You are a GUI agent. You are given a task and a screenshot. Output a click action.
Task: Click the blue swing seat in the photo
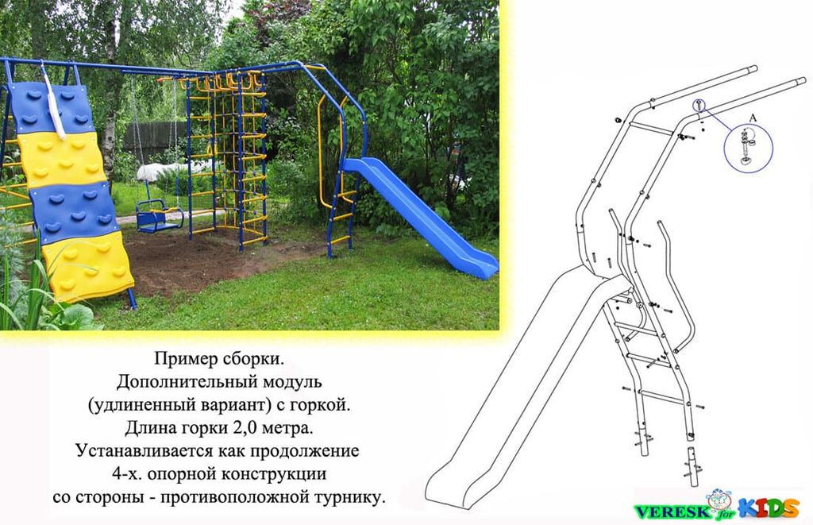click(x=159, y=217)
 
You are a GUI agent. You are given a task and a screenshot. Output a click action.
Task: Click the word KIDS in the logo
click(x=769, y=508)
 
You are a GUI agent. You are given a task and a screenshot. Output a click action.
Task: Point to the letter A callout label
click(x=753, y=118)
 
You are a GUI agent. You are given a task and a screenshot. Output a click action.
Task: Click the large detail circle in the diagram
click(x=748, y=148)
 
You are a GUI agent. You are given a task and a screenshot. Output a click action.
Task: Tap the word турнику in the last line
click(x=349, y=497)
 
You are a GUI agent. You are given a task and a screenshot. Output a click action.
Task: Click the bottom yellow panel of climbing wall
click(x=87, y=266)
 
